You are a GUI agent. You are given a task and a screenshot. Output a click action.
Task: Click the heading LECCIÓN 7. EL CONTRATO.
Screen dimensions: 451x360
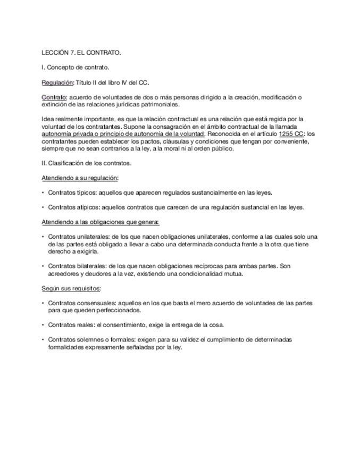pyautogui.click(x=81, y=53)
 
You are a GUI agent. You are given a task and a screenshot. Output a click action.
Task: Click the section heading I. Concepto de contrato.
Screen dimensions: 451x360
pyautogui.click(x=75, y=68)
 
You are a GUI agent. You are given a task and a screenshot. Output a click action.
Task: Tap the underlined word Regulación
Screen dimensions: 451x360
pyautogui.click(x=57, y=82)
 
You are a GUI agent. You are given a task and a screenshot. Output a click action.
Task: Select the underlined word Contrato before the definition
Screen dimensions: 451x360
pyautogui.click(x=54, y=97)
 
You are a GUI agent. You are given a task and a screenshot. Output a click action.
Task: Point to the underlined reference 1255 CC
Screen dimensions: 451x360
pyautogui.click(x=291, y=134)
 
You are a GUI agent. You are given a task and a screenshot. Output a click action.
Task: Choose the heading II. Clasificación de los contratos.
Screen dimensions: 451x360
pyautogui.click(x=86, y=163)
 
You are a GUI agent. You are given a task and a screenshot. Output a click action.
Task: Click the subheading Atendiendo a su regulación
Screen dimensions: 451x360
pyautogui.click(x=80, y=178)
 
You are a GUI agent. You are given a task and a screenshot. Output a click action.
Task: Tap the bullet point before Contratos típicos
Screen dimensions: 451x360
pyautogui.click(x=43, y=193)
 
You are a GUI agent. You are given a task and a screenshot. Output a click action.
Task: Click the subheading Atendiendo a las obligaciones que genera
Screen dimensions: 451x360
pyautogui.click(x=101, y=222)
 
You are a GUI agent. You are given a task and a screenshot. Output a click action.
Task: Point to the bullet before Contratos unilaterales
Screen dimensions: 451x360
pyautogui.click(x=43, y=237)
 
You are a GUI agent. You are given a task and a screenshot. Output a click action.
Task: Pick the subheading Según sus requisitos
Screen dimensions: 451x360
pyautogui.click(x=71, y=288)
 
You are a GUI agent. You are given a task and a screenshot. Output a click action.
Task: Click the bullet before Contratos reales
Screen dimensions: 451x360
pyautogui.click(x=43, y=324)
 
